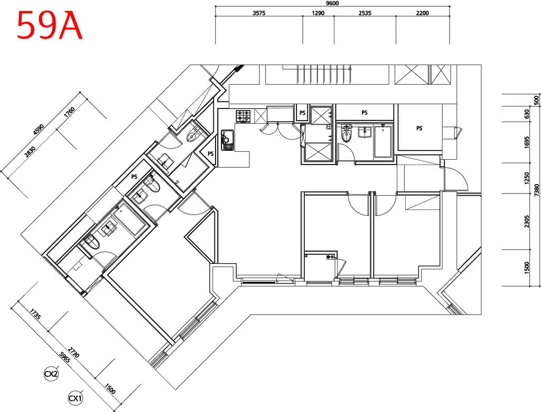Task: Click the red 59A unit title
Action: pyautogui.click(x=50, y=25)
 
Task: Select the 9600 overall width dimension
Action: pyautogui.click(x=332, y=3)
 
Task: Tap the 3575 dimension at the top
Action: pyautogui.click(x=259, y=13)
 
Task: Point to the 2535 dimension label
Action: pyautogui.click(x=365, y=13)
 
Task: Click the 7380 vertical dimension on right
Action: pyautogui.click(x=536, y=190)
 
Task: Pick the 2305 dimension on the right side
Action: pyautogui.click(x=527, y=222)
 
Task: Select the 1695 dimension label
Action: pyautogui.click(x=527, y=142)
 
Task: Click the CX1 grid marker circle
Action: pyautogui.click(x=76, y=399)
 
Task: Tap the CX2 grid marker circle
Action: pyautogui.click(x=51, y=374)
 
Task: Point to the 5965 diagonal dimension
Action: pyautogui.click(x=65, y=358)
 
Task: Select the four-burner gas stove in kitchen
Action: pyautogui.click(x=243, y=116)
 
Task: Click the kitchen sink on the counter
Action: pyautogui.click(x=227, y=140)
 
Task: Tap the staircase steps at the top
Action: pyautogui.click(x=324, y=74)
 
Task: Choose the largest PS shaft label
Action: pyautogui.click(x=419, y=128)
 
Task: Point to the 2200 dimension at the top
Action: pyautogui.click(x=422, y=13)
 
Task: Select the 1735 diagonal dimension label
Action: pyautogui.click(x=35, y=315)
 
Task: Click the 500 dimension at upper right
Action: pyautogui.click(x=536, y=100)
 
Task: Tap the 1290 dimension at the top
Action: pyautogui.click(x=318, y=13)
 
